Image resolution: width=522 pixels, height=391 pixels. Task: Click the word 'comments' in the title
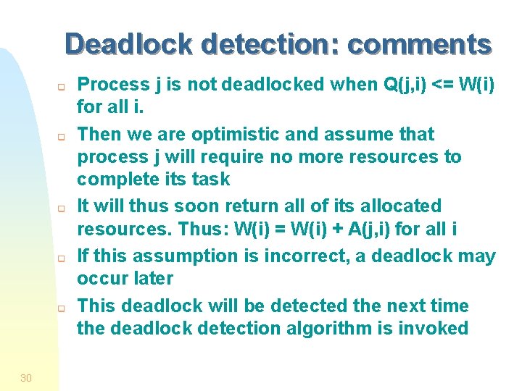click(x=419, y=45)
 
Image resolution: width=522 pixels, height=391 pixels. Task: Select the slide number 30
click(x=26, y=377)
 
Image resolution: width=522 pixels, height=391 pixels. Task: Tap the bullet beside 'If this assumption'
click(x=62, y=258)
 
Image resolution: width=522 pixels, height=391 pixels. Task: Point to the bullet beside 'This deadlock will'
click(x=62, y=307)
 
